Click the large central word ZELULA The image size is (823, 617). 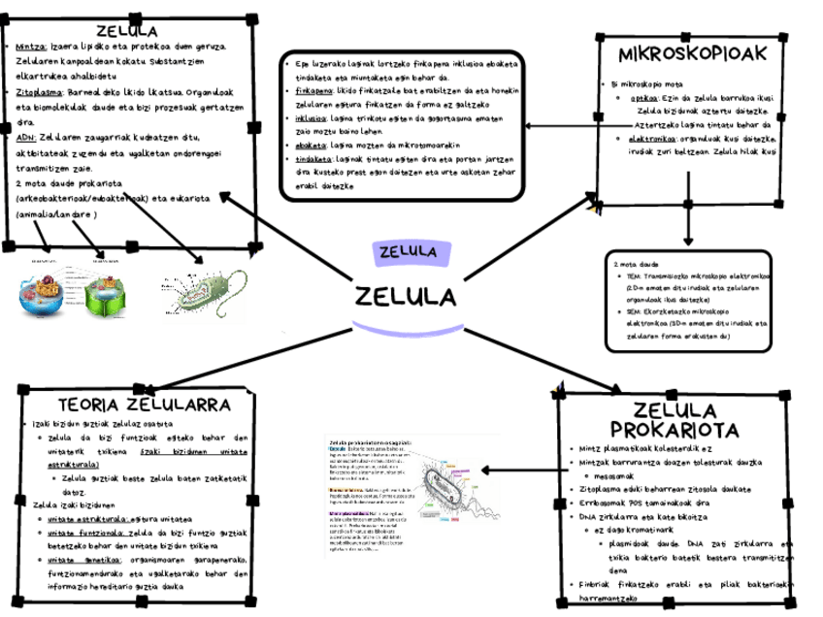[x=406, y=295]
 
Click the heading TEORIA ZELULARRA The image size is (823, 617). [x=143, y=403]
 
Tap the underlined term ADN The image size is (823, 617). [x=26, y=139]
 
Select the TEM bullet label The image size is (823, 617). [x=636, y=276]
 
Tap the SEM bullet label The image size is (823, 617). [x=636, y=312]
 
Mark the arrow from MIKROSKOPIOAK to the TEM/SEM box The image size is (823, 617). [x=688, y=221]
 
